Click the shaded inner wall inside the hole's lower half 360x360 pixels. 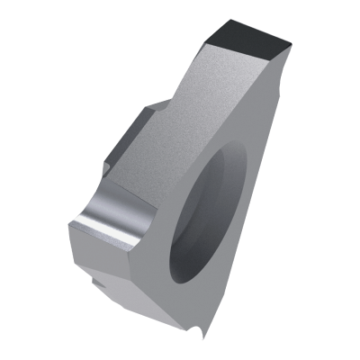202,238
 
